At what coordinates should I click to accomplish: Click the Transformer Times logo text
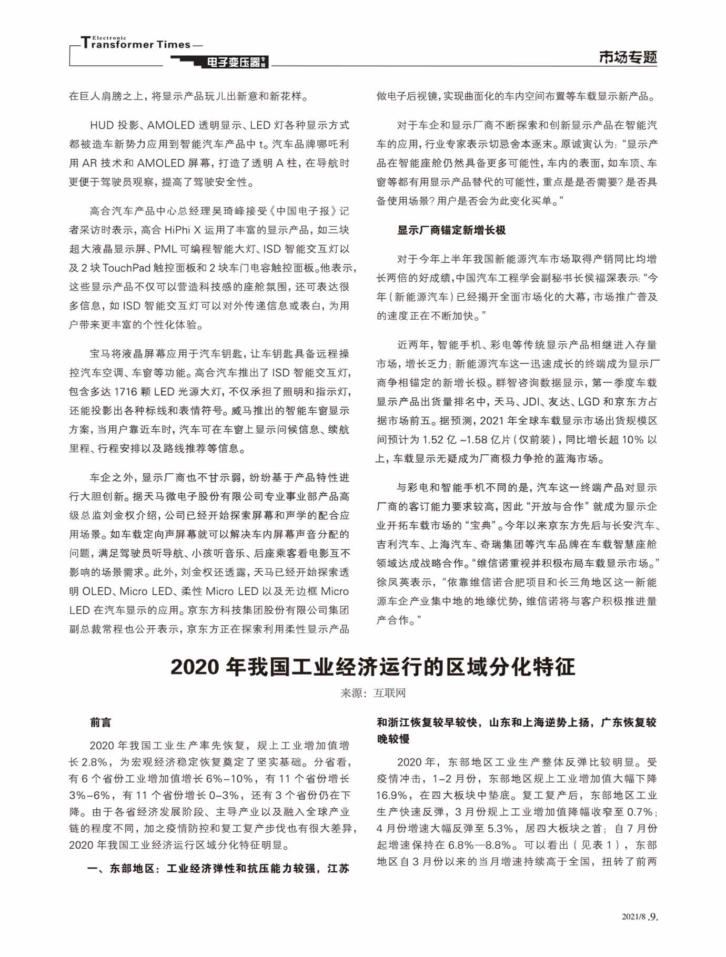tap(136, 44)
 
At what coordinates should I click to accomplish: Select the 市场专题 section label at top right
tap(628, 57)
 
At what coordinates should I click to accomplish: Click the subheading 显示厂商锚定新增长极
tap(451, 230)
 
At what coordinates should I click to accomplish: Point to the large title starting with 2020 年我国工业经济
tap(372, 666)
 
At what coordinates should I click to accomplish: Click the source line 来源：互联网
tap(373, 693)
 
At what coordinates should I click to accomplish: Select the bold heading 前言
tap(100, 722)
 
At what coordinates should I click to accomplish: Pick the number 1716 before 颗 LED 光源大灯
tap(125, 392)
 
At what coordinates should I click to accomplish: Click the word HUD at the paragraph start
tap(102, 125)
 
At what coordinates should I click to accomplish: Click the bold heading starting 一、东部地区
tap(218, 868)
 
